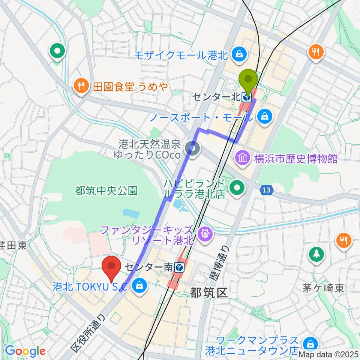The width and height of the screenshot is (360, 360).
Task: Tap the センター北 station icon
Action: click(246, 97)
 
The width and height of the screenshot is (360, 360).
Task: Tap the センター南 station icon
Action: click(179, 267)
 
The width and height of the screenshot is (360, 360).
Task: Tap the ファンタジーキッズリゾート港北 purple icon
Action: click(205, 235)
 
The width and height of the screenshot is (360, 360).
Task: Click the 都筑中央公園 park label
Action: click(106, 191)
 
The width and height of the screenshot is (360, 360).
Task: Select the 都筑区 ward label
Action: click(209, 293)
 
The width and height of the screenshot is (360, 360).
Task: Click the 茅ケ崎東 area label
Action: click(323, 288)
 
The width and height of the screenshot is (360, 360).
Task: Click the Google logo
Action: click(25, 351)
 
